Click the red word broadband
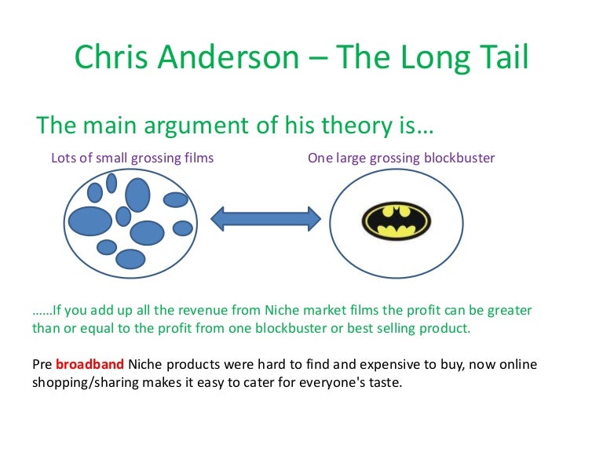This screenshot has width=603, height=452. point(90,365)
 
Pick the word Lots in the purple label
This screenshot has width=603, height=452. point(64,158)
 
